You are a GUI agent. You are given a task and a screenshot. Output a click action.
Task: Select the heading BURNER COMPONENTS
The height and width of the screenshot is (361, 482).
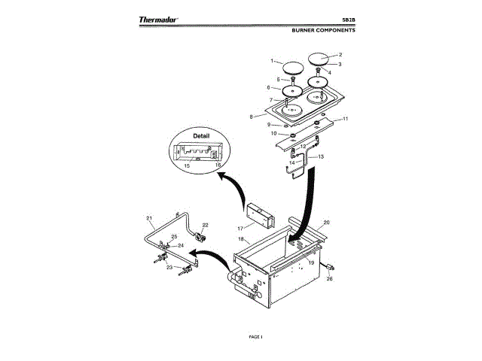(323, 31)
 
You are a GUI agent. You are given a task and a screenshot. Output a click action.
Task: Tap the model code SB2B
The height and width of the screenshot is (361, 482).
(348, 20)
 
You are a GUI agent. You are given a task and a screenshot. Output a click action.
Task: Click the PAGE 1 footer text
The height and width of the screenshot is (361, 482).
(255, 336)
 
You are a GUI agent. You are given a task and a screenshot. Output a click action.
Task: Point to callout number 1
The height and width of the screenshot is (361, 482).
(273, 59)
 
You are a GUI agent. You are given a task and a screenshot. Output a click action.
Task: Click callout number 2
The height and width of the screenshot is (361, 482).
(340, 55)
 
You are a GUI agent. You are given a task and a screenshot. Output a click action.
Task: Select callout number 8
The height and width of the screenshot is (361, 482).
(261, 117)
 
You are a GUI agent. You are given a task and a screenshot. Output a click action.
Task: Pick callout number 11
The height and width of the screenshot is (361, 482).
(346, 119)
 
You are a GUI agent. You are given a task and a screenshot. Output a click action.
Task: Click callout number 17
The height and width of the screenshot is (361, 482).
(240, 226)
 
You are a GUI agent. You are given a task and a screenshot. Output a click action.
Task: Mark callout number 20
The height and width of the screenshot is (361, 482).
(327, 223)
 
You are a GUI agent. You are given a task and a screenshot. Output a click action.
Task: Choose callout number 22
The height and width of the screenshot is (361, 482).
(205, 225)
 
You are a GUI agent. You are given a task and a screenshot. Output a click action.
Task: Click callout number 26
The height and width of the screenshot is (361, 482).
(328, 279)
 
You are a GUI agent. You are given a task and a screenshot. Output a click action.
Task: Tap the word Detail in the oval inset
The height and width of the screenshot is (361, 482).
(201, 136)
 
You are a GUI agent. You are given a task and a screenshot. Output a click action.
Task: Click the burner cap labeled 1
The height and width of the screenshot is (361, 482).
(288, 68)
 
